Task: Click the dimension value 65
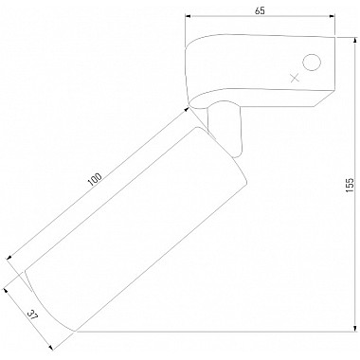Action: click(x=260, y=10)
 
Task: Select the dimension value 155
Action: click(x=350, y=185)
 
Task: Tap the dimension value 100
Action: click(x=95, y=179)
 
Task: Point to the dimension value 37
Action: click(x=32, y=315)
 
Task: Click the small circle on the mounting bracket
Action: click(x=312, y=63)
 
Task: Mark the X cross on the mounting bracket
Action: click(x=295, y=78)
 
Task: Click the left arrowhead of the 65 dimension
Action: click(x=188, y=16)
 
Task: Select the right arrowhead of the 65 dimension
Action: click(x=332, y=16)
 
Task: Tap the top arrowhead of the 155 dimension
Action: click(x=354, y=40)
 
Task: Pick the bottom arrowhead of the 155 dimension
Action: click(x=354, y=329)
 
